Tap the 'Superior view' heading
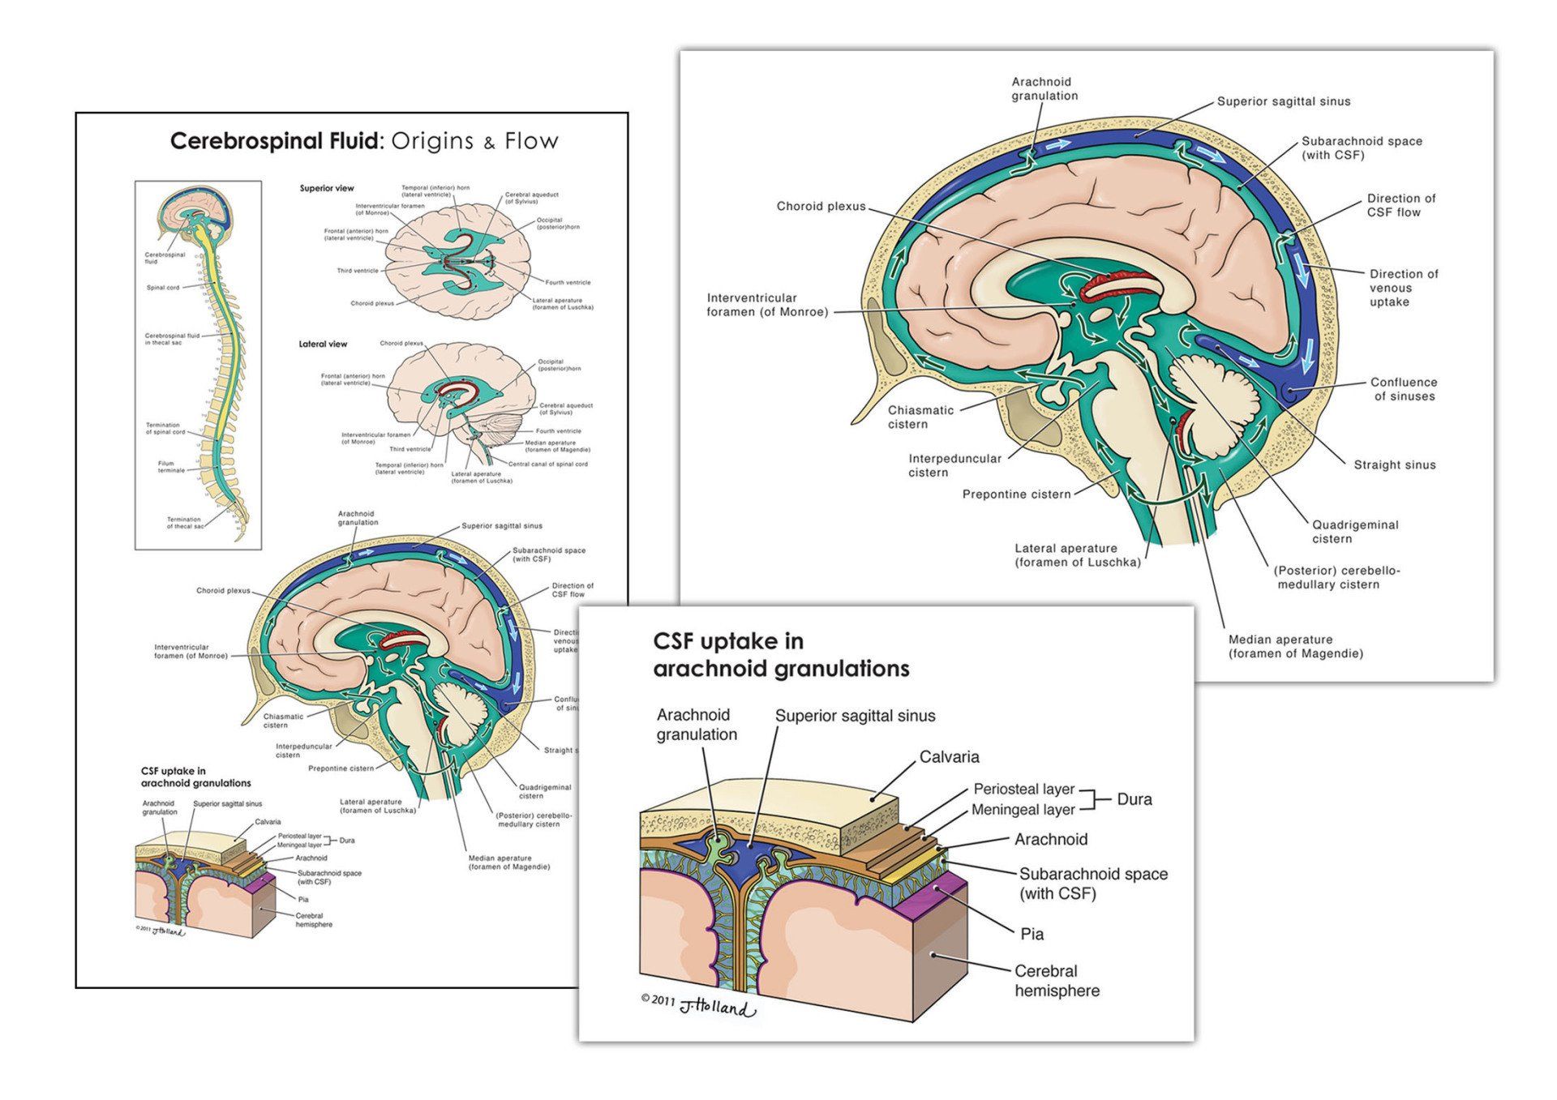[327, 188]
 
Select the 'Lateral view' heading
[323, 344]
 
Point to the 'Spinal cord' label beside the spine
[163, 288]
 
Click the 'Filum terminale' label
[171, 467]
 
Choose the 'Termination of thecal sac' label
[184, 523]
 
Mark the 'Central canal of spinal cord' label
[548, 464]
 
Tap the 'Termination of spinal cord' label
[166, 428]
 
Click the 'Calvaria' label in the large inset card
[949, 756]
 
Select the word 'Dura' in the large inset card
[1134, 799]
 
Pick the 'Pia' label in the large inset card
[1032, 934]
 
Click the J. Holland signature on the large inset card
[717, 1008]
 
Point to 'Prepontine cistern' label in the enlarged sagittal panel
[1016, 494]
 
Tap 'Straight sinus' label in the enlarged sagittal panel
[1394, 464]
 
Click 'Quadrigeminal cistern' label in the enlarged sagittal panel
[1355, 532]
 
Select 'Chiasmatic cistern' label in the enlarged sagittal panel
[920, 417]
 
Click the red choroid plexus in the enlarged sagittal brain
[1125, 282]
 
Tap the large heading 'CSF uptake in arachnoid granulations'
[781, 655]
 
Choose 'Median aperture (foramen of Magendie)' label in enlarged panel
[1295, 646]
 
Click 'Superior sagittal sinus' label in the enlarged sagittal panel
[1284, 101]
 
